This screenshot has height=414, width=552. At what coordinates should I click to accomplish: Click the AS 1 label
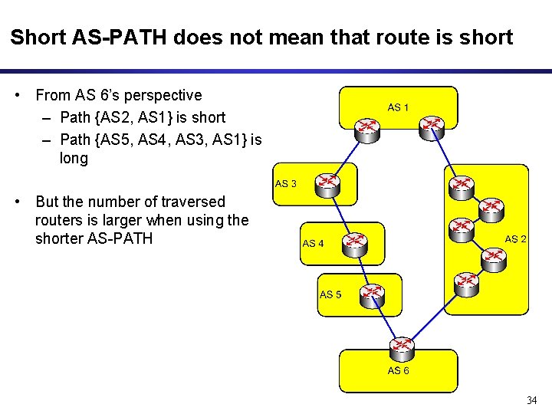tap(398, 107)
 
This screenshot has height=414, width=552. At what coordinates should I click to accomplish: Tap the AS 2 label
tap(515, 239)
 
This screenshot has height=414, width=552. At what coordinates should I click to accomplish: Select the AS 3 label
tap(285, 184)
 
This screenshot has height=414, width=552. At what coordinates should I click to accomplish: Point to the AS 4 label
tap(314, 244)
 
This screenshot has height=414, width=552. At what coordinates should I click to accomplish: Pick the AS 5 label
tap(330, 294)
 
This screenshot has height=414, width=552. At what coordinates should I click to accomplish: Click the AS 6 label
tap(398, 371)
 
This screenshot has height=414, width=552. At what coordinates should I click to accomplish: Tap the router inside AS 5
tap(373, 294)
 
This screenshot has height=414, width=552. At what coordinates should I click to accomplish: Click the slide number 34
tap(532, 401)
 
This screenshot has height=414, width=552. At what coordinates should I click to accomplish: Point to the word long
tap(74, 159)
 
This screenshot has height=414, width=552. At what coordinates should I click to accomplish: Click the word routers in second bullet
tap(57, 221)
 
